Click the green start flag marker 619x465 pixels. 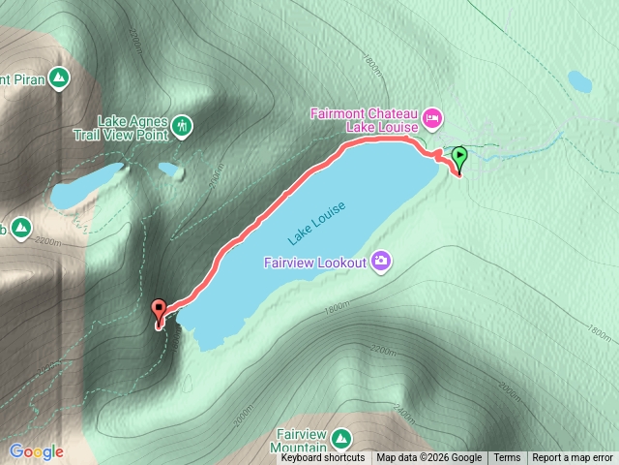click(x=459, y=155)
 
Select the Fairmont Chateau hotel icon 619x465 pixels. click(x=432, y=118)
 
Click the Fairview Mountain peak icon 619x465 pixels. click(x=340, y=441)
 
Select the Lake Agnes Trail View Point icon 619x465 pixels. click(x=182, y=126)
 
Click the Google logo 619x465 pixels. click(x=37, y=451)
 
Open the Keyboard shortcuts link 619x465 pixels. click(x=323, y=458)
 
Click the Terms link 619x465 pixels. click(x=507, y=458)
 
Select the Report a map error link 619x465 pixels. click(x=573, y=458)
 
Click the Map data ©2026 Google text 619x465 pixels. click(x=428, y=458)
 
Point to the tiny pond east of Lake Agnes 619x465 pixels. click(x=170, y=170)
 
